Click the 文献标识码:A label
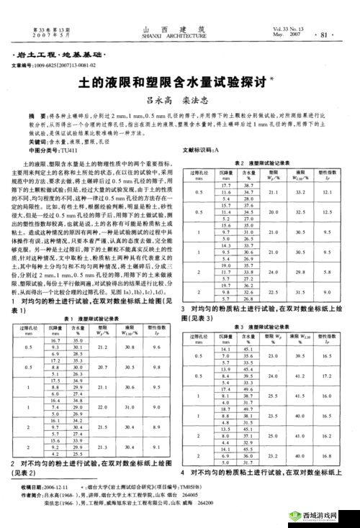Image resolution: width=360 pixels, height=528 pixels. tap(204, 150)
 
